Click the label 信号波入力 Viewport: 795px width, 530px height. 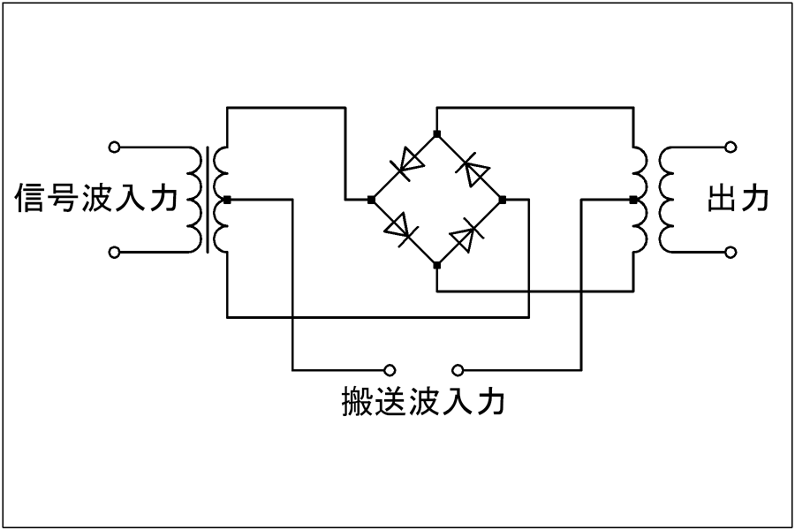(97, 199)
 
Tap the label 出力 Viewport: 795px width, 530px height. (738, 199)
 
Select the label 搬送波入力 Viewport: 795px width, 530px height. (423, 402)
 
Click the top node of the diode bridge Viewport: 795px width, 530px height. (436, 132)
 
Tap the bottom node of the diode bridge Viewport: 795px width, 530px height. (436, 264)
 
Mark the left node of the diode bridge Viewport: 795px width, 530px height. (371, 200)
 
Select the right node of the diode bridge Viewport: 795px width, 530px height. (502, 200)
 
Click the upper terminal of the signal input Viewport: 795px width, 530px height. (113, 146)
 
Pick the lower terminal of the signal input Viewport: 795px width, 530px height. (113, 253)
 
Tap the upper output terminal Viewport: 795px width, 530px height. (730, 146)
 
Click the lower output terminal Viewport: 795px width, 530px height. (730, 253)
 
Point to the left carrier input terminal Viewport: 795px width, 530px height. (390, 368)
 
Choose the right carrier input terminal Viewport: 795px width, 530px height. (457, 368)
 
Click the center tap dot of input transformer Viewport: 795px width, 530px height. (227, 200)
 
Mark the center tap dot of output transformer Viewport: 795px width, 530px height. (632, 200)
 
